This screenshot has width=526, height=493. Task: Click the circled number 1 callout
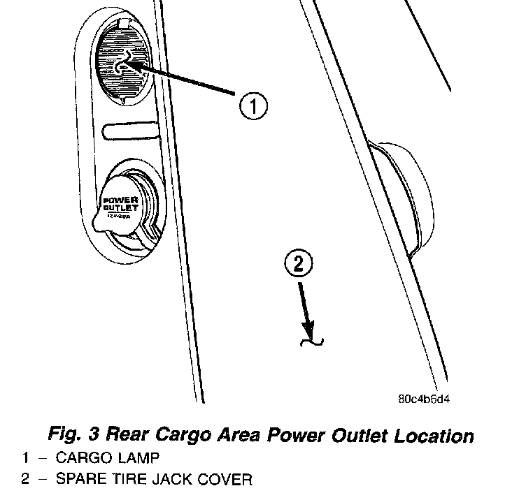(253, 107)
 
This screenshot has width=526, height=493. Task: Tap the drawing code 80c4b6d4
(423, 400)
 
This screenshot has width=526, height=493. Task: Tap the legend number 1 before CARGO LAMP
(25, 459)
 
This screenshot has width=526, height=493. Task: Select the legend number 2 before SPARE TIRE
(25, 480)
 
